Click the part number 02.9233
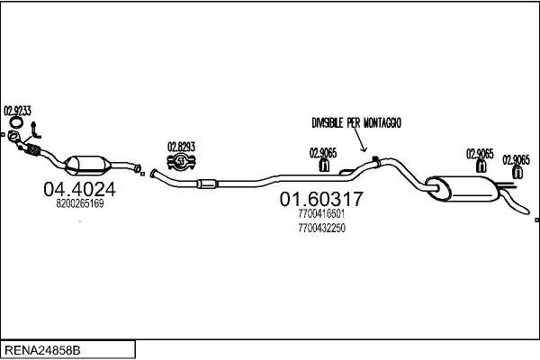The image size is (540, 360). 18,111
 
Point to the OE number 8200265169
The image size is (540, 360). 80,203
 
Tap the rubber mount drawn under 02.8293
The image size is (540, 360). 183,163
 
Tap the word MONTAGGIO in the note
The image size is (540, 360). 382,121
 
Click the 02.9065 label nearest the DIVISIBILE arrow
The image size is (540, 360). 323,153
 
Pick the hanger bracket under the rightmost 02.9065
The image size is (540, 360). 517,172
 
